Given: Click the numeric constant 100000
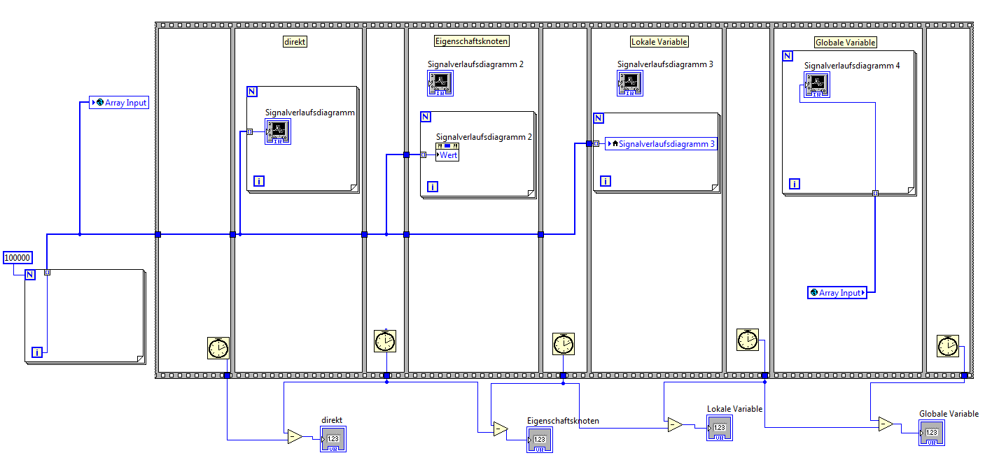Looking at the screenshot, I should (18, 257).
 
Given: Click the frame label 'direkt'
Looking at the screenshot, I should (295, 41).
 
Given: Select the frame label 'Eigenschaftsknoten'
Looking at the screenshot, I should (471, 41).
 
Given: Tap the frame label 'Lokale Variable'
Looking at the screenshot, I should (659, 41).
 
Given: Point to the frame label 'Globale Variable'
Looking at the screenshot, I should (845, 42).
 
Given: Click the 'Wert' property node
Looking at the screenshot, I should (447, 154).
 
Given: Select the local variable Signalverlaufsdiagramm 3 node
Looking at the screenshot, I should (661, 144).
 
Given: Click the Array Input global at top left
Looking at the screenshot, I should (120, 103).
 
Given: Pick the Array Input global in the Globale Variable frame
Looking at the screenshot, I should (837, 292).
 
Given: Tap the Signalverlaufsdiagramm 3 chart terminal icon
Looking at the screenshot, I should (631, 83).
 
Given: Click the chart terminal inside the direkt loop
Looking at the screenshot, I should (278, 131).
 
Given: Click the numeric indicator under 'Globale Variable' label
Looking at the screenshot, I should (932, 433).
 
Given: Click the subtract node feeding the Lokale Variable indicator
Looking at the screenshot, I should (674, 424).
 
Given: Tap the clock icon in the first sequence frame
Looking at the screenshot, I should (218, 347).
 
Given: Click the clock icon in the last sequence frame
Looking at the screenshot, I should (947, 345).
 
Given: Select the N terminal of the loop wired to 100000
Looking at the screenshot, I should (30, 274).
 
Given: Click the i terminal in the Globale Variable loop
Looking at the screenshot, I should (795, 183).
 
